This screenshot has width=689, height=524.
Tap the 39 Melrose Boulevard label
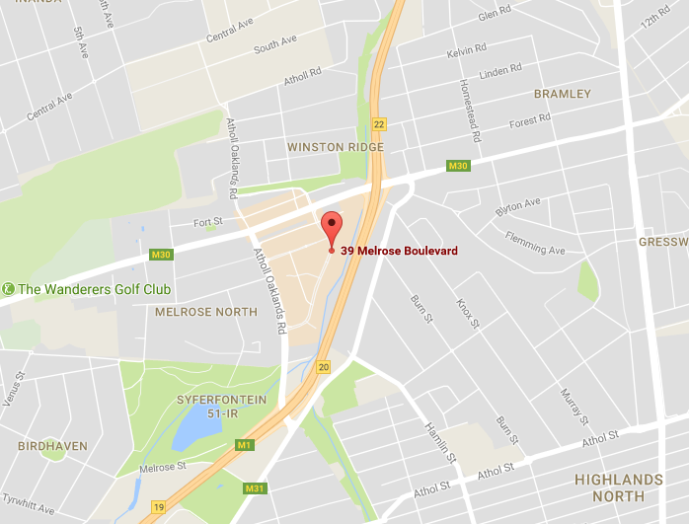click(x=399, y=251)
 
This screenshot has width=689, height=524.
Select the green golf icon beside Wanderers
click(x=8, y=289)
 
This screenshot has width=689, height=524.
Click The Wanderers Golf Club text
click(x=95, y=289)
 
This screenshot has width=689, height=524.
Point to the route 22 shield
click(x=379, y=123)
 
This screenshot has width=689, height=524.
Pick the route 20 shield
click(x=324, y=367)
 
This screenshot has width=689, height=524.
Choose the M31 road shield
click(x=255, y=488)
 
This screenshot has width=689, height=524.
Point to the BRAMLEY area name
click(x=562, y=94)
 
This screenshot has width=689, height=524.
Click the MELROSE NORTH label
click(x=205, y=312)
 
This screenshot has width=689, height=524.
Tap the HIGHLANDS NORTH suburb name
click(x=620, y=487)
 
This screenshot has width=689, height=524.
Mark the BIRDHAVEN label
click(x=53, y=446)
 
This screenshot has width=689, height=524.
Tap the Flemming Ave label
click(x=535, y=244)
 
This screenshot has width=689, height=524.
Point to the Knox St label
click(x=467, y=313)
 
